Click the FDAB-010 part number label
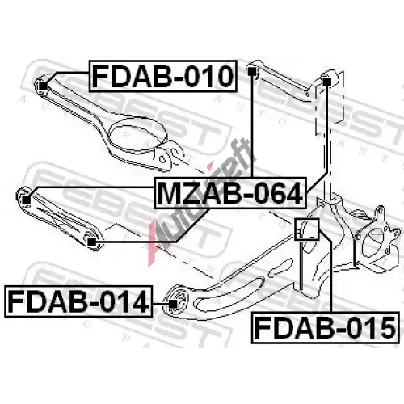point(163,77)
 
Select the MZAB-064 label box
point(230,193)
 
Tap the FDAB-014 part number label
point(78,301)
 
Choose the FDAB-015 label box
point(325,328)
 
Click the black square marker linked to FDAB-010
point(43,86)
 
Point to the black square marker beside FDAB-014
point(173,304)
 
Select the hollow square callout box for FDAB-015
point(306,229)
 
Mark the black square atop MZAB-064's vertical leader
point(251,72)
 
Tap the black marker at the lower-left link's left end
point(26,200)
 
